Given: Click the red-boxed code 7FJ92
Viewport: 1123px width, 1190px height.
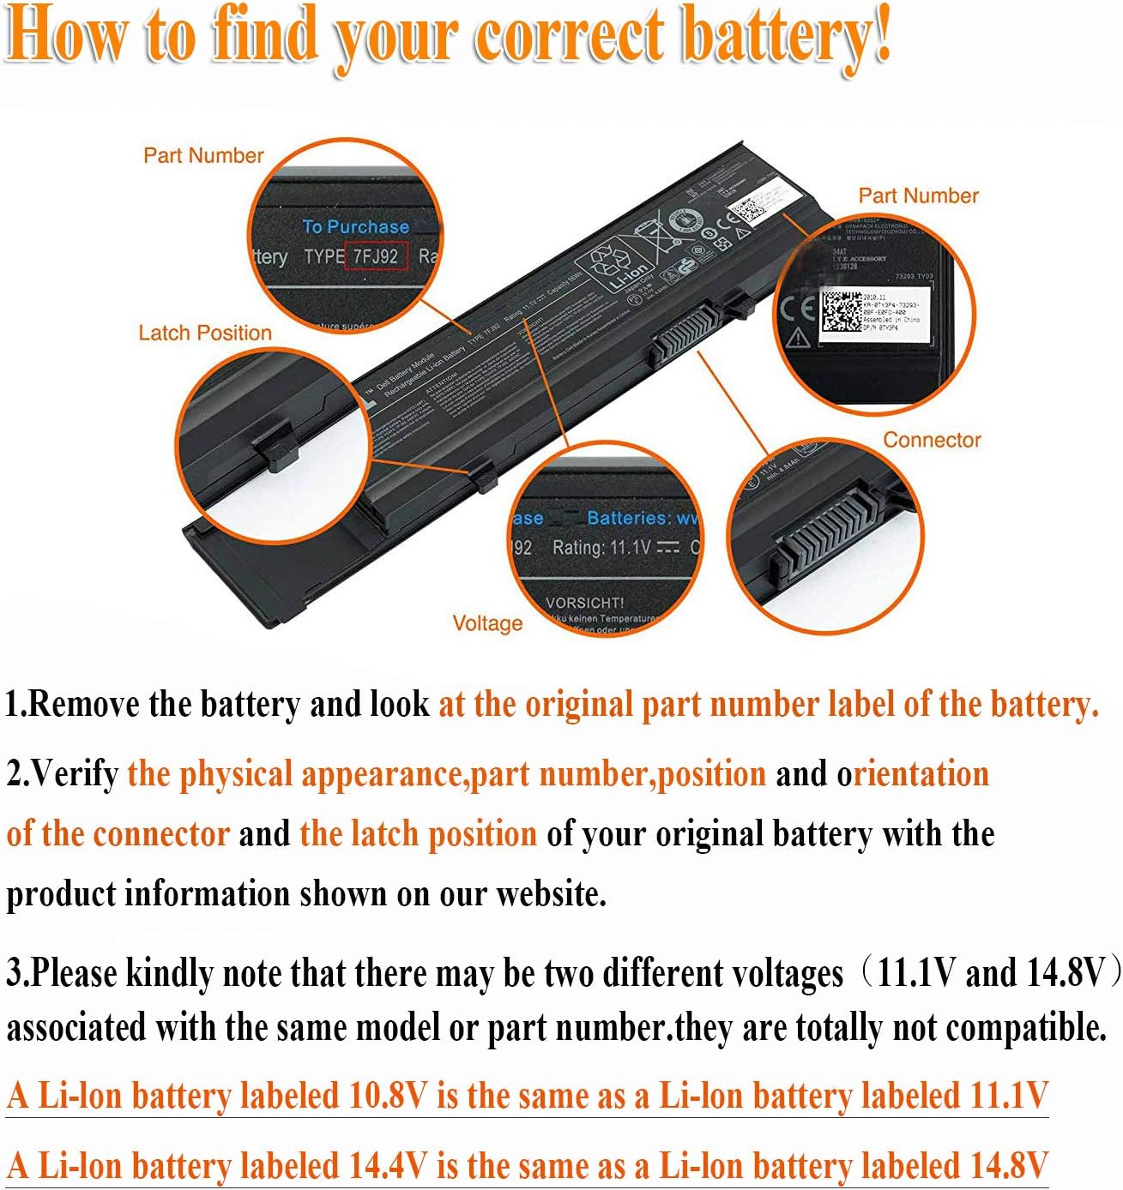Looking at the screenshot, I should (x=376, y=255).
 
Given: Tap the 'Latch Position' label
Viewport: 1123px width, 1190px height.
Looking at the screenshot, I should (x=205, y=333).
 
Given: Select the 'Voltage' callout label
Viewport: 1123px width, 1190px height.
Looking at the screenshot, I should (x=487, y=623).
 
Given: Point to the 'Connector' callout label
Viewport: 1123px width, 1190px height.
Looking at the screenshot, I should (x=932, y=440).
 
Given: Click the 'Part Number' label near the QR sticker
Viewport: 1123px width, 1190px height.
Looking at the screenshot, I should (x=918, y=195).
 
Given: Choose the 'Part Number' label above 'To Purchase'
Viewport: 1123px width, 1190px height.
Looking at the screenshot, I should (x=203, y=155).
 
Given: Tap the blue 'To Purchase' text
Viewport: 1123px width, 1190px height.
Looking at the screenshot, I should (x=355, y=227).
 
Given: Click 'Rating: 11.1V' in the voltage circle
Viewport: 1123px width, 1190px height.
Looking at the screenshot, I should (x=601, y=547).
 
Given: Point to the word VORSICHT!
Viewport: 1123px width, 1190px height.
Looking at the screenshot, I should (x=585, y=603).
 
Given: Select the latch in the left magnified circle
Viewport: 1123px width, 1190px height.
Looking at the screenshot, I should (x=275, y=447).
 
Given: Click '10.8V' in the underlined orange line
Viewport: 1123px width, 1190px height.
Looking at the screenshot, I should (x=388, y=1096).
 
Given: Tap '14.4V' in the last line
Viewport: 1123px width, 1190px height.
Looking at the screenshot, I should (x=388, y=1165).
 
